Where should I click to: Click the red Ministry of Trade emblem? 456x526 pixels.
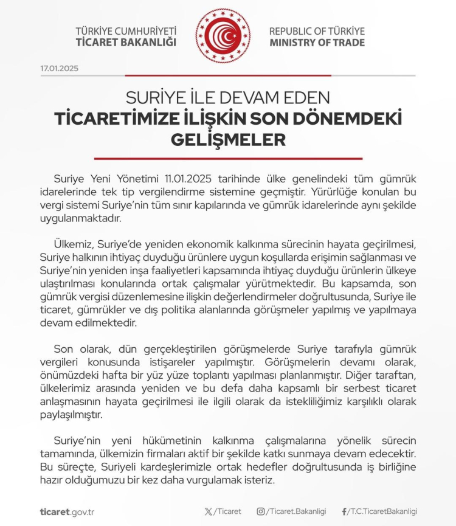[x=223, y=36]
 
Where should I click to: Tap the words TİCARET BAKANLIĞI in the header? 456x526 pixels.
[x=126, y=43]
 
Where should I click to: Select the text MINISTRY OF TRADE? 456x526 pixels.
[x=317, y=43]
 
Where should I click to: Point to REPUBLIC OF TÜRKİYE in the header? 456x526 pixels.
[x=317, y=31]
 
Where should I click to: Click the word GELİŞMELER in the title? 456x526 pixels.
[x=228, y=140]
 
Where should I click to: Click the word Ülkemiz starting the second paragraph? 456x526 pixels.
[x=72, y=245]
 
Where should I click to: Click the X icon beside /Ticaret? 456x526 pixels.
[x=209, y=511]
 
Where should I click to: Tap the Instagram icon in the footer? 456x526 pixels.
[x=261, y=511]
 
